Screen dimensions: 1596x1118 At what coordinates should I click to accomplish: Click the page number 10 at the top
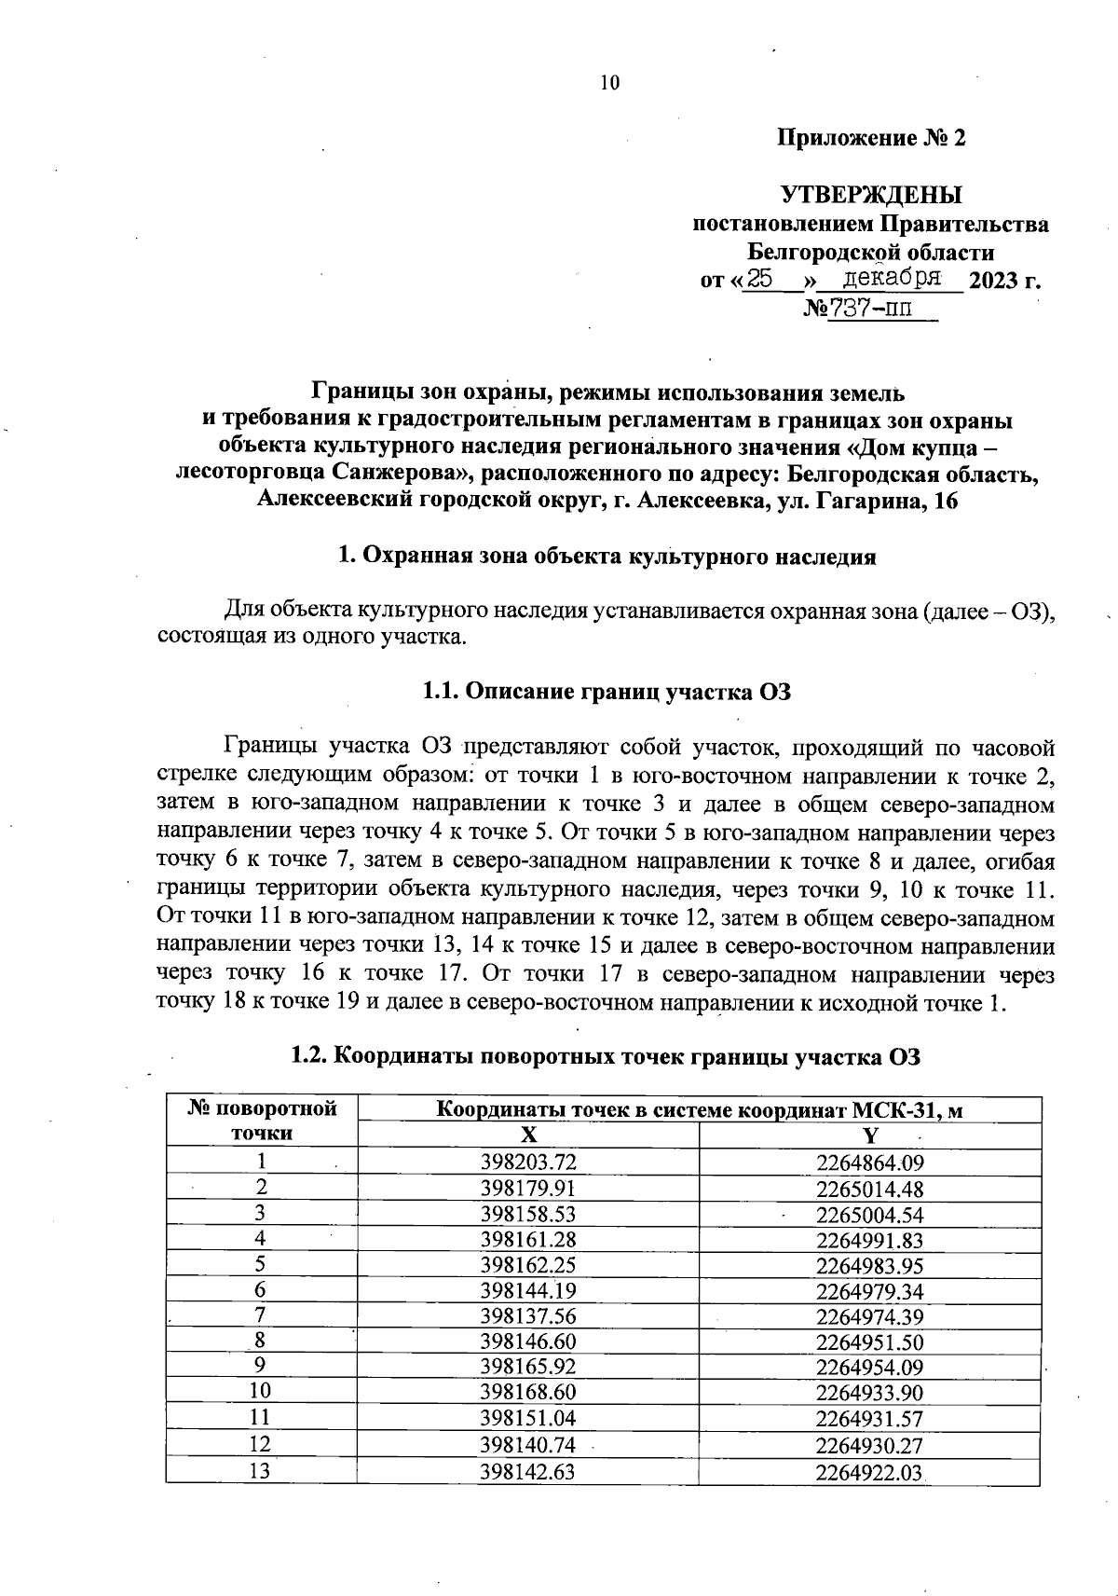click(608, 83)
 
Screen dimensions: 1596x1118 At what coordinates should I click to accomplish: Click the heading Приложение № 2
click(871, 138)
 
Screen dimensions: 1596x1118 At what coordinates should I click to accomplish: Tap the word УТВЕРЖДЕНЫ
click(871, 195)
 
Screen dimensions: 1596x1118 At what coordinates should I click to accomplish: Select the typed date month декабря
click(891, 278)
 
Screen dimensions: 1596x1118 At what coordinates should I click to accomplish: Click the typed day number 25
click(761, 278)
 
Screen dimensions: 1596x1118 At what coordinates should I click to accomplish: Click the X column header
click(528, 1135)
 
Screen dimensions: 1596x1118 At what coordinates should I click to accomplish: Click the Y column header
click(869, 1135)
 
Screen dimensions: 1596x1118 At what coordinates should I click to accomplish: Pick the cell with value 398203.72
click(528, 1162)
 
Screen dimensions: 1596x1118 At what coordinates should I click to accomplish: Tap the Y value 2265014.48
click(869, 1189)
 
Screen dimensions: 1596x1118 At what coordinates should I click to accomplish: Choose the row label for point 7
click(261, 1315)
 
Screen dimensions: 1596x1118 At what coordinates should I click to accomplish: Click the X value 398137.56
click(528, 1315)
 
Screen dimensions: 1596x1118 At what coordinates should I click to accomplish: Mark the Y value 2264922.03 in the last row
click(869, 1472)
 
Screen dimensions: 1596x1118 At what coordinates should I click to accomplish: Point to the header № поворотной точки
click(261, 1121)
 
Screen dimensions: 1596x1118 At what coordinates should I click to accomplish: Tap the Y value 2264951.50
click(869, 1341)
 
